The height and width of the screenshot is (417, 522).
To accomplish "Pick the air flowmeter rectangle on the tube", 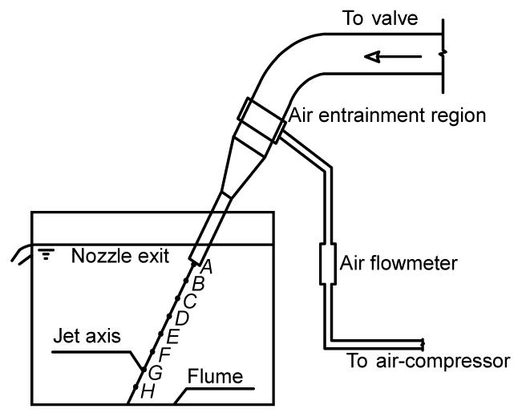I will point(327,263).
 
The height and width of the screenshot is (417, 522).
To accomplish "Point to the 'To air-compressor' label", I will point(427,360).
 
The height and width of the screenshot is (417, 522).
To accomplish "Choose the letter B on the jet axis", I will point(198,282).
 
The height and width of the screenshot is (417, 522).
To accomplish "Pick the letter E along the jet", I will point(172,337).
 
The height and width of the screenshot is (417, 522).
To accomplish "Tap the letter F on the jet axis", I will point(164,354).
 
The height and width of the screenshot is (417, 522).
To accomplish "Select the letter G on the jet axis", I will point(156,372).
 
